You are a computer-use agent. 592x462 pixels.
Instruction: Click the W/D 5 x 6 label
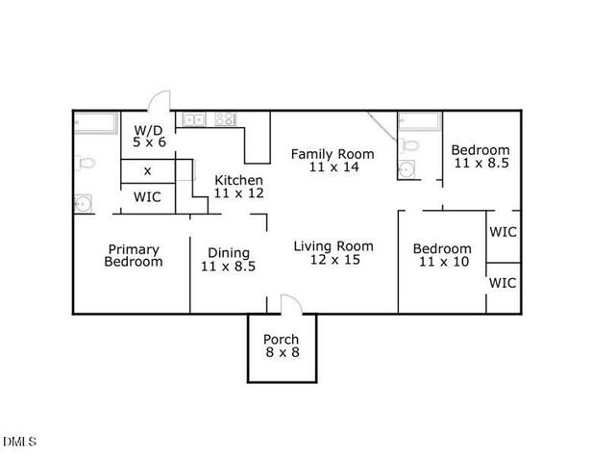click(x=149, y=136)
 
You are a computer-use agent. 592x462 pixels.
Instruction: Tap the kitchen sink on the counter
click(x=196, y=120)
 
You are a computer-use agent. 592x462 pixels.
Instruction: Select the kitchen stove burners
click(x=227, y=120)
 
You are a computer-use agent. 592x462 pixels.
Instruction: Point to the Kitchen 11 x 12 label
click(x=238, y=187)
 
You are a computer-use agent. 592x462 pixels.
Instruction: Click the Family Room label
click(x=333, y=160)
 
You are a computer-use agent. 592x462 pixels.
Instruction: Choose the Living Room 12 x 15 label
click(x=333, y=252)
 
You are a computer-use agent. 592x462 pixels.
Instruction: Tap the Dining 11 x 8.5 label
click(x=228, y=260)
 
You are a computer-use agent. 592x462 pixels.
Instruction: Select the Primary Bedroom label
click(x=133, y=255)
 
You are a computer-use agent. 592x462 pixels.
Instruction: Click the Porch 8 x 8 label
click(x=282, y=346)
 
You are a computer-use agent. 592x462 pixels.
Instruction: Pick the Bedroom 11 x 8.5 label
click(x=480, y=157)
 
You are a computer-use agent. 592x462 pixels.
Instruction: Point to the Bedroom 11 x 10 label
click(x=442, y=255)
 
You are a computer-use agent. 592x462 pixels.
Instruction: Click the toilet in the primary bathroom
click(x=85, y=164)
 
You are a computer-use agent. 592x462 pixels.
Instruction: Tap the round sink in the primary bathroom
click(x=84, y=203)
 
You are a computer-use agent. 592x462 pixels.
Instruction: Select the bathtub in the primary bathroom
click(x=94, y=122)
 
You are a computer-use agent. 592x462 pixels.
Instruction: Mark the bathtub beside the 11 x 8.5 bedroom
click(x=418, y=122)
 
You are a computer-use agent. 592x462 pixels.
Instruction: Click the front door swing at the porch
click(x=291, y=303)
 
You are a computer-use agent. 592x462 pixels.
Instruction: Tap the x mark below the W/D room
click(x=147, y=170)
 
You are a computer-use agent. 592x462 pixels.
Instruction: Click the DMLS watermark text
click(x=20, y=442)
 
